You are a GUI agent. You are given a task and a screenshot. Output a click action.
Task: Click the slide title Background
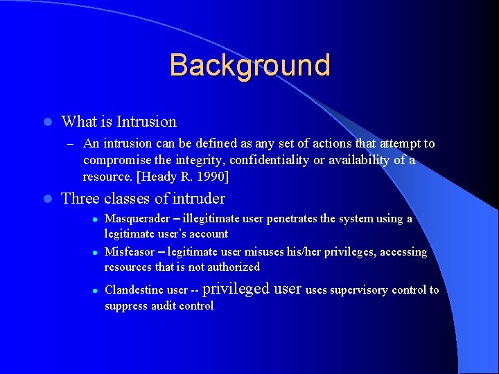point(249,65)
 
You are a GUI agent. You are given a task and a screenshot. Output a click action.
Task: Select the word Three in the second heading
point(80,199)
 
